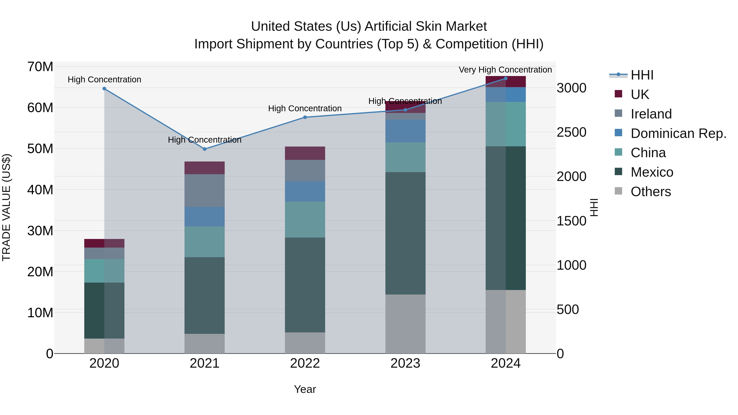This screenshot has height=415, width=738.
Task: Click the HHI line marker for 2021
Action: tap(205, 149)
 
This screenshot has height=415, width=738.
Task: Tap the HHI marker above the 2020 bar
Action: tap(104, 89)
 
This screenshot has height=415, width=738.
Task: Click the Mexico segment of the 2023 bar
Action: tap(405, 233)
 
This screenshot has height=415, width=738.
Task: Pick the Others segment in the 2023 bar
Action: tap(405, 324)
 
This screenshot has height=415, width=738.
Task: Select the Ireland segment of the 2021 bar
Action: tap(205, 190)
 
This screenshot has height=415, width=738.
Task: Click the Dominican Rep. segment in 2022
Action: tap(305, 191)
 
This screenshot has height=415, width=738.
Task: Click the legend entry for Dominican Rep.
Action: tap(678, 133)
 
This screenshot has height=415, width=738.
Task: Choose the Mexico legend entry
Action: tap(652, 172)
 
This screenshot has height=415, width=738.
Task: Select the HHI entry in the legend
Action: tap(642, 75)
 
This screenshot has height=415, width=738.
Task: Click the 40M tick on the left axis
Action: tap(40, 190)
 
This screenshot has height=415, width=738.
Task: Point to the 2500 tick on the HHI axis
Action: tap(571, 132)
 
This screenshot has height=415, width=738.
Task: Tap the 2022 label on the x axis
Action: tap(305, 363)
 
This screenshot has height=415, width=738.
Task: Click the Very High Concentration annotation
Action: tap(505, 70)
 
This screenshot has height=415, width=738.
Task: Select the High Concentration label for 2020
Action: tap(104, 80)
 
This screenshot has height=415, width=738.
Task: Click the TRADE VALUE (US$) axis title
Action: tap(6, 207)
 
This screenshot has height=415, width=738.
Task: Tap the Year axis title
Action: tap(305, 389)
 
